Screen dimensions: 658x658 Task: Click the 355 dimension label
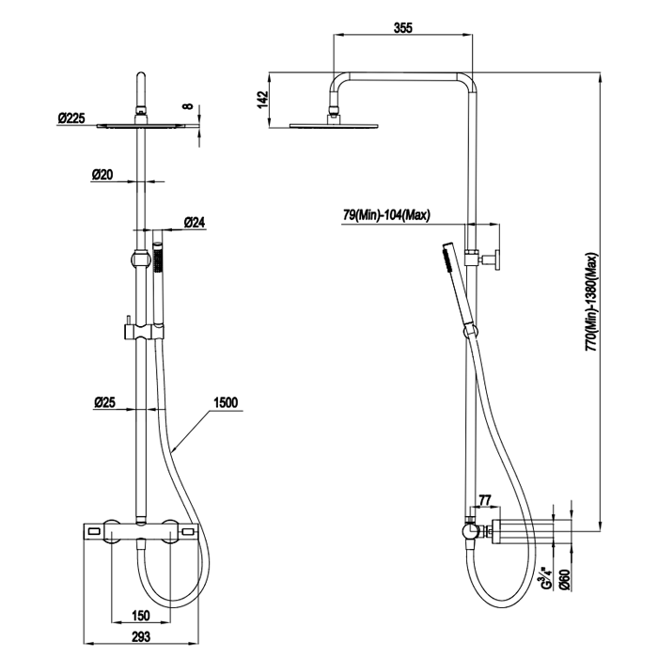[x=403, y=27]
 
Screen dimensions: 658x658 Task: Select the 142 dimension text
[x=263, y=97]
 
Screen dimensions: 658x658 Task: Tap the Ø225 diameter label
[x=71, y=117]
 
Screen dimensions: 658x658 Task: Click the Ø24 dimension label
[x=196, y=222]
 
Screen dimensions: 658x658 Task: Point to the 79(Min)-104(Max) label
[x=385, y=215]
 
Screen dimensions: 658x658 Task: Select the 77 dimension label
[x=486, y=499]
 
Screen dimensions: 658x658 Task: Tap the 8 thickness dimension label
[x=188, y=107]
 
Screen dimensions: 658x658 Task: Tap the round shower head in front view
[x=141, y=125]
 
